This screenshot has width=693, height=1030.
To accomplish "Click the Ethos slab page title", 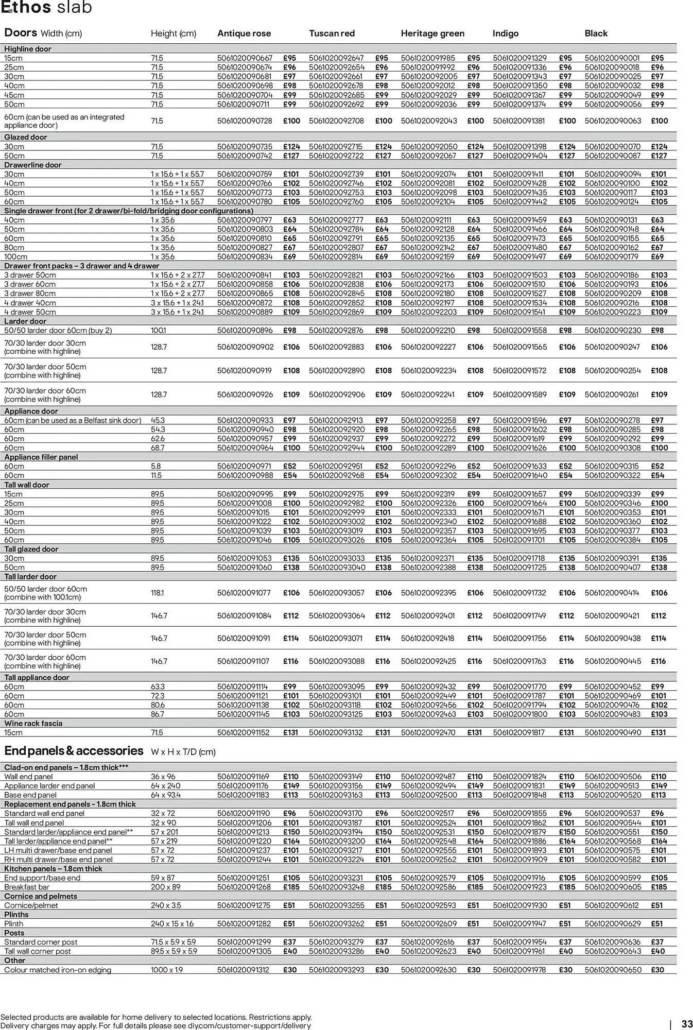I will point(46,7).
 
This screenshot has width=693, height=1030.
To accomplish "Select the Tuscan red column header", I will point(332,33).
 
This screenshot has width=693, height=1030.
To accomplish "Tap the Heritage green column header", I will point(432,33).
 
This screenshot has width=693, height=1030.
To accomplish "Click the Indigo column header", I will point(505,33).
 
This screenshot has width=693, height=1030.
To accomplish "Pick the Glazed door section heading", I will point(26,137).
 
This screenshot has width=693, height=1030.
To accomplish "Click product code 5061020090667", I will point(245,58).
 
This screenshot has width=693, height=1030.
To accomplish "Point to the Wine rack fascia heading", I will point(33,723).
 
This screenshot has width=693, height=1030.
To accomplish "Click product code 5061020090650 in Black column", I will point(613,970).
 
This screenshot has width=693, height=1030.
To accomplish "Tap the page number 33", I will point(687,1024).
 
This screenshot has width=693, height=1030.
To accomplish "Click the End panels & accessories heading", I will point(74,750).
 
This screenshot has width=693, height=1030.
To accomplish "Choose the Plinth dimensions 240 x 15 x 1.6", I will point(172,923).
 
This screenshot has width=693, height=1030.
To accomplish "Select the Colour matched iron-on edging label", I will point(58,970).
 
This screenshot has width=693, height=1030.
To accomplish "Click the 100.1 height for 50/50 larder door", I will point(158,330).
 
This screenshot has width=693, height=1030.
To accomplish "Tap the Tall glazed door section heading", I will point(31,549).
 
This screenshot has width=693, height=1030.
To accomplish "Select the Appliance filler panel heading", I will point(41,457).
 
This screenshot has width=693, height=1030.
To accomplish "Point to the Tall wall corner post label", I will point(38,951).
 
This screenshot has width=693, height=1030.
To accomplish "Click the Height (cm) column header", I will point(174,33).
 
